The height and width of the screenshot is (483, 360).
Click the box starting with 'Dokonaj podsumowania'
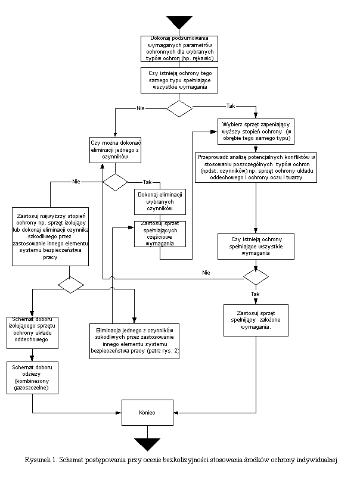pos(179,49)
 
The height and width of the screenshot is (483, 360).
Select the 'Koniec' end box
pos(147,412)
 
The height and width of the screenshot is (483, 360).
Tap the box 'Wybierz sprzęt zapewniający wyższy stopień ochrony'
pos(256,132)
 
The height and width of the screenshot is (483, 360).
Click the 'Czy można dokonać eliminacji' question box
pos(115,151)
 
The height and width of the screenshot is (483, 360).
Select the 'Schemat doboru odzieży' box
pos(32,377)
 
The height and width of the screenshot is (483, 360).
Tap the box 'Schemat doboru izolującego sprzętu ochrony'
pos(32,331)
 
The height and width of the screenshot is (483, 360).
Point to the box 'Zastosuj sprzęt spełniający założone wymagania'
pos(256,320)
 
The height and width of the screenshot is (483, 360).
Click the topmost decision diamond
pos(179,108)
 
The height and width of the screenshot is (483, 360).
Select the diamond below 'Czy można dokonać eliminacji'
pos(115,182)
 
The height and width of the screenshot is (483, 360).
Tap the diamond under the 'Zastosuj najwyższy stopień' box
pos(70,285)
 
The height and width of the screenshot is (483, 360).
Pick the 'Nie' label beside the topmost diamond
pos(141,108)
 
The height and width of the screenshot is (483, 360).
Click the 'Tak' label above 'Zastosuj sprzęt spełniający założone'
pos(256,294)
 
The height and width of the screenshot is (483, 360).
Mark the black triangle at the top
pos(179,23)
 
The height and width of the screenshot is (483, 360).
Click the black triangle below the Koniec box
pos(147,444)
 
